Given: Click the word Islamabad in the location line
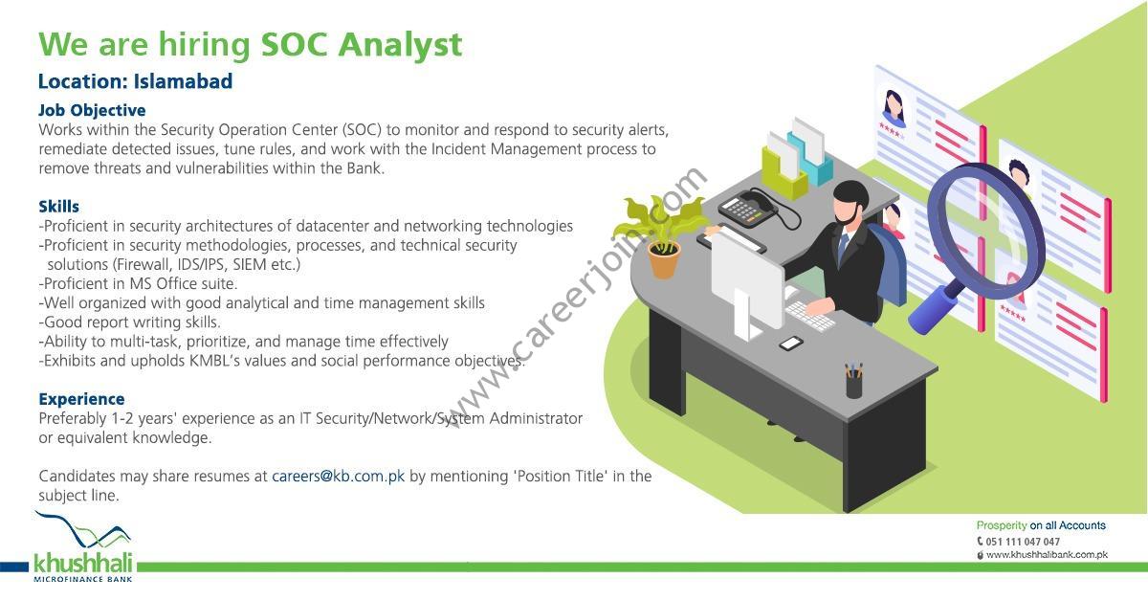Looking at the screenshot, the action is click(183, 81).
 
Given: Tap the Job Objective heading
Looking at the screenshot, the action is click(92, 110).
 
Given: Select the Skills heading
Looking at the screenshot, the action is click(59, 207).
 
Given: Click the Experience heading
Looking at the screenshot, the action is click(81, 399).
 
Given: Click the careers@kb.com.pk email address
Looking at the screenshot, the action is click(339, 476).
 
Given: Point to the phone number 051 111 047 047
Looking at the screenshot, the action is click(1022, 542).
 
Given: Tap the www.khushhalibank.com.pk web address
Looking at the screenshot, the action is click(1047, 555).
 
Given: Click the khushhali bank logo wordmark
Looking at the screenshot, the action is click(83, 563).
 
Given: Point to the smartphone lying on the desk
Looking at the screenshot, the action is click(791, 343).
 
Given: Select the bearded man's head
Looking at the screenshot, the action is click(850, 203).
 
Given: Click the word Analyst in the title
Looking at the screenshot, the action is click(400, 45).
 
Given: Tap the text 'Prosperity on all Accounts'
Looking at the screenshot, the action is click(1041, 525).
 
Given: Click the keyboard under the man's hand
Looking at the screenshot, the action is click(809, 315).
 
